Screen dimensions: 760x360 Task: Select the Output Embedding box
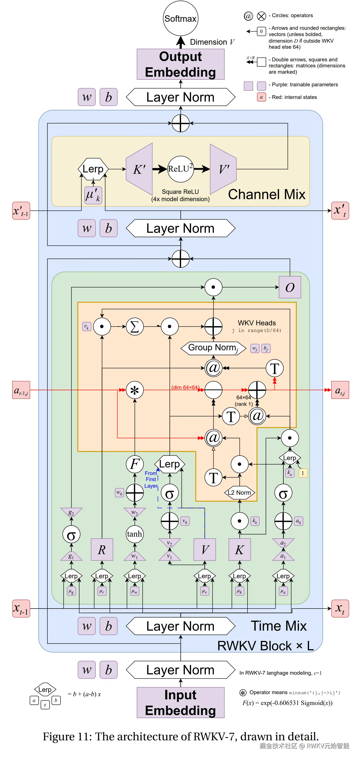click(180, 64)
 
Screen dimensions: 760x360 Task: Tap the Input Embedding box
click(180, 702)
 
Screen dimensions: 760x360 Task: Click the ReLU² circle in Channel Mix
click(180, 169)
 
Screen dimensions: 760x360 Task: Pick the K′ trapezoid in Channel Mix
click(139, 169)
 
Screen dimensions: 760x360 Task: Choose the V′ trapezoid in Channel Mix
click(223, 169)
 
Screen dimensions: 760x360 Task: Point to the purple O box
click(290, 287)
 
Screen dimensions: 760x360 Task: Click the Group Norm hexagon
click(213, 348)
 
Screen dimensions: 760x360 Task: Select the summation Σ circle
click(135, 327)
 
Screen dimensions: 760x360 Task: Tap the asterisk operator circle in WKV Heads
click(135, 390)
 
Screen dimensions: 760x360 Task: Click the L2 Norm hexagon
click(239, 493)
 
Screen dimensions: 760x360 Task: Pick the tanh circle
click(135, 534)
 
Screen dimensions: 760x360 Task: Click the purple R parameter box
click(102, 549)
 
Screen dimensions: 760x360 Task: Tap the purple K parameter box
click(239, 549)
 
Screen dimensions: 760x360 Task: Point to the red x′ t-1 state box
click(21, 211)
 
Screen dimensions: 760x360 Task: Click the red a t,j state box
click(340, 390)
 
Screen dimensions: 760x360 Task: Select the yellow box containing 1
click(303, 473)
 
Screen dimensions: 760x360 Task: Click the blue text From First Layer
click(151, 479)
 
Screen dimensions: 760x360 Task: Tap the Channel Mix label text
click(267, 194)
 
